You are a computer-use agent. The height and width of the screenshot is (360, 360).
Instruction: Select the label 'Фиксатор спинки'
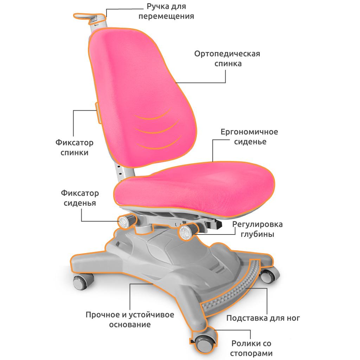pyautogui.click(x=74, y=148)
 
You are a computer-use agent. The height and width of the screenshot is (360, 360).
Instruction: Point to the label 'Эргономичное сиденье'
pyautogui.click(x=249, y=137)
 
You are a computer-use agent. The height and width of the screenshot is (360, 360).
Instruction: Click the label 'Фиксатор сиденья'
pyautogui.click(x=80, y=198)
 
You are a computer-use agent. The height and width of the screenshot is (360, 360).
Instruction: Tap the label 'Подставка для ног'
pyautogui.click(x=263, y=319)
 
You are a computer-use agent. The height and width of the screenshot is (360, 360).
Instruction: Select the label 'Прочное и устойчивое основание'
pyautogui.click(x=130, y=319)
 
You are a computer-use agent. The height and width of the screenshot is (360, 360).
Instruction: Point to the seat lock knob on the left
pyautogui.click(x=126, y=221)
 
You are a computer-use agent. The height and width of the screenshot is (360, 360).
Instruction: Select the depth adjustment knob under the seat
pyautogui.click(x=186, y=232)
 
